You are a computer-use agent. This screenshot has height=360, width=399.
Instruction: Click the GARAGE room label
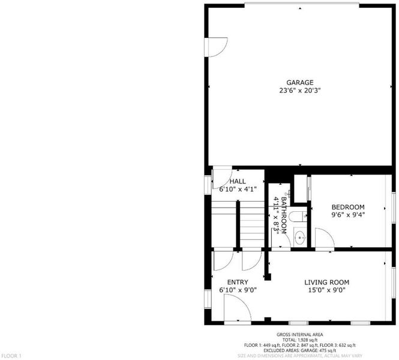(x=300, y=82)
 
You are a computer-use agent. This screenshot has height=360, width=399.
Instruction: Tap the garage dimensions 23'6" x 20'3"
(x=300, y=91)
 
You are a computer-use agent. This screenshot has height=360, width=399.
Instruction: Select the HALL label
(x=238, y=181)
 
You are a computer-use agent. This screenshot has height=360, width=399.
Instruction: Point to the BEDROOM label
(x=348, y=207)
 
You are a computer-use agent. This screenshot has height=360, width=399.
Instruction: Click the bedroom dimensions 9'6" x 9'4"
(x=348, y=215)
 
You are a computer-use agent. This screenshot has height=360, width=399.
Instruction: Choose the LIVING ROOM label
(x=327, y=282)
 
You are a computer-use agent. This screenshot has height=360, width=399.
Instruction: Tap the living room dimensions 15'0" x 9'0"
(x=327, y=290)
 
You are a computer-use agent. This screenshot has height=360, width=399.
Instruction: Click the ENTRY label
(x=238, y=282)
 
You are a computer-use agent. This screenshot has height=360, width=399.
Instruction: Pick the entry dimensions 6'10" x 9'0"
(x=238, y=290)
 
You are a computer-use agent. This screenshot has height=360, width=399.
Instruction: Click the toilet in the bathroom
(x=298, y=217)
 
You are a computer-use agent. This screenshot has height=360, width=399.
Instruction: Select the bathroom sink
(x=300, y=238)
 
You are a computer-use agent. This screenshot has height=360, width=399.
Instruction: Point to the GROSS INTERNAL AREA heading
(x=300, y=335)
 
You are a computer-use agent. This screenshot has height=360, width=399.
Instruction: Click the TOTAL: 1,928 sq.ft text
(x=300, y=340)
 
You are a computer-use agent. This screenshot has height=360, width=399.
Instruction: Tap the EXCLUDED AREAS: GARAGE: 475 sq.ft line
(x=300, y=350)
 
